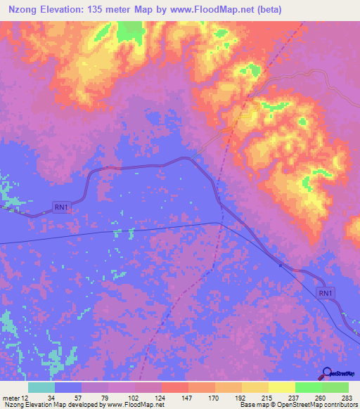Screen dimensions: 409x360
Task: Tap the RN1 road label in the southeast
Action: point(324,293)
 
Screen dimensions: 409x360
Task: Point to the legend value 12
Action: point(26,396)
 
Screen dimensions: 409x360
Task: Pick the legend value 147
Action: point(186,396)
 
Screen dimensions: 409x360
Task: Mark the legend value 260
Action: point(320,396)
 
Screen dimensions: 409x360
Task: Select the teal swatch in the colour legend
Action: point(41,387)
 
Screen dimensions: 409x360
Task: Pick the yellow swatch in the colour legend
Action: point(282,387)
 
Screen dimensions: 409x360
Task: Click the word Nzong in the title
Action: point(24,9)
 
